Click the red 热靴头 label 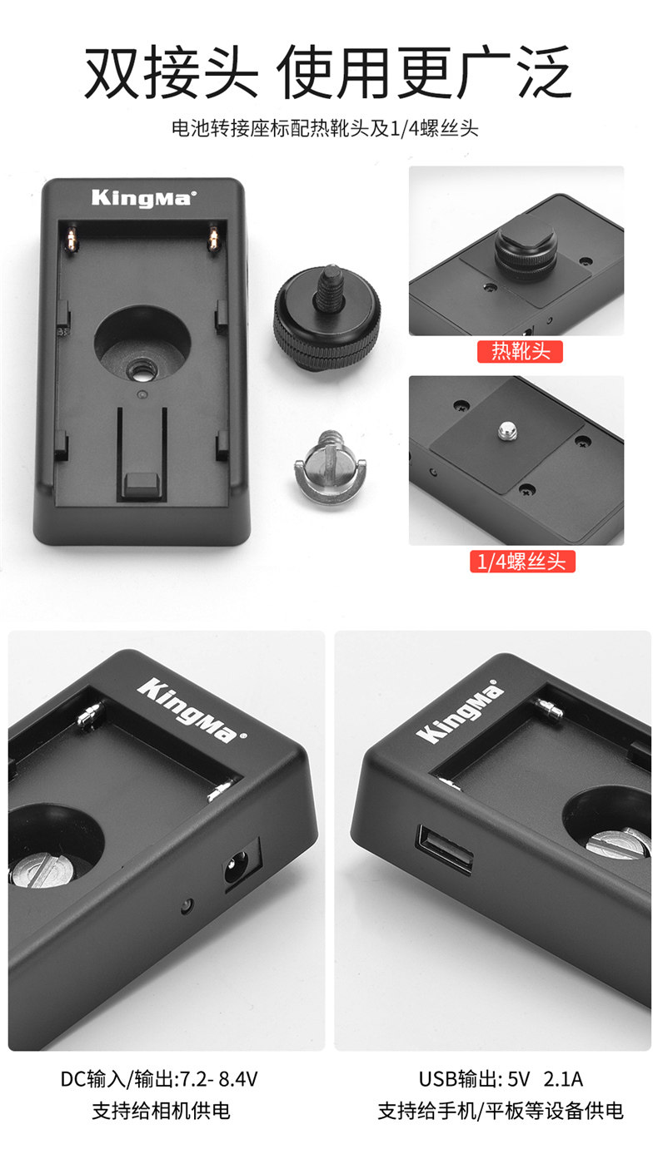(x=519, y=351)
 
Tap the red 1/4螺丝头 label (x=522, y=561)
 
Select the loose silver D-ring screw (x=331, y=468)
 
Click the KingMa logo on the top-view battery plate (x=144, y=198)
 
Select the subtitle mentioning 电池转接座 (x=325, y=128)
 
